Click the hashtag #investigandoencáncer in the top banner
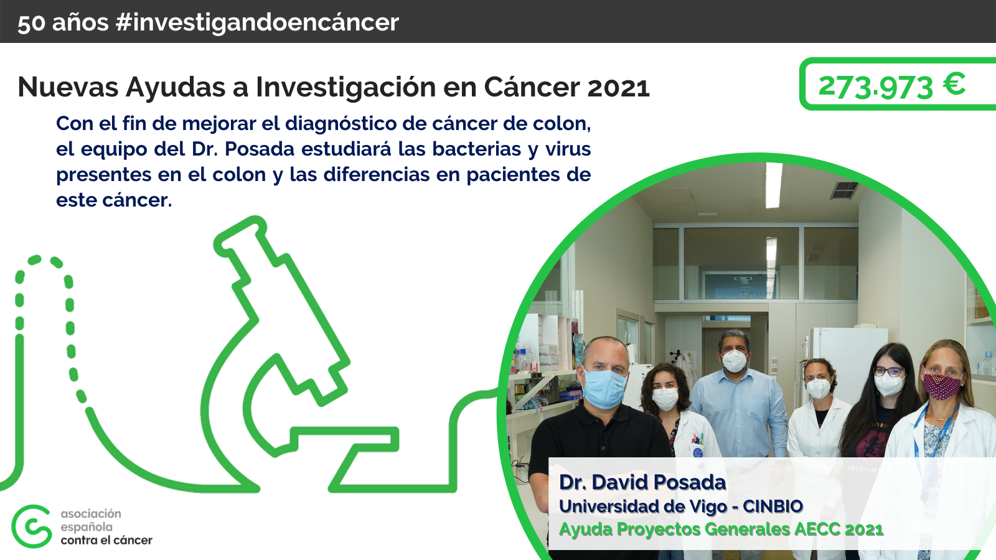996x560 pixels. pyautogui.click(x=257, y=22)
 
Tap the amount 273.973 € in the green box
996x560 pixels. pyautogui.click(x=891, y=86)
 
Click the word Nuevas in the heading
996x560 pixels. pyautogui.click(x=68, y=87)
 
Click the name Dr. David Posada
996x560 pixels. pyautogui.click(x=642, y=482)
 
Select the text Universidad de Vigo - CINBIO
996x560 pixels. pyautogui.click(x=680, y=506)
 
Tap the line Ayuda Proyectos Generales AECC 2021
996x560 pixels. pyautogui.click(x=721, y=530)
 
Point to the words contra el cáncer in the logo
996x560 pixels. pyautogui.click(x=106, y=540)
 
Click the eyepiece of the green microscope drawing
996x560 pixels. pyautogui.click(x=240, y=233)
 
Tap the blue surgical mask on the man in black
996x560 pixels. pyautogui.click(x=604, y=387)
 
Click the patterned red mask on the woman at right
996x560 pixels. pyautogui.click(x=941, y=385)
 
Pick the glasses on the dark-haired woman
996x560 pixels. pyautogui.click(x=888, y=371)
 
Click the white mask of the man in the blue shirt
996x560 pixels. pyautogui.click(x=735, y=360)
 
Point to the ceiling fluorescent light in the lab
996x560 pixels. pyautogui.click(x=773, y=185)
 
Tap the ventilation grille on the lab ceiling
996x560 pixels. pyautogui.click(x=843, y=190)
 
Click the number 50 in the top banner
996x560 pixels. pyautogui.click(x=31, y=24)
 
